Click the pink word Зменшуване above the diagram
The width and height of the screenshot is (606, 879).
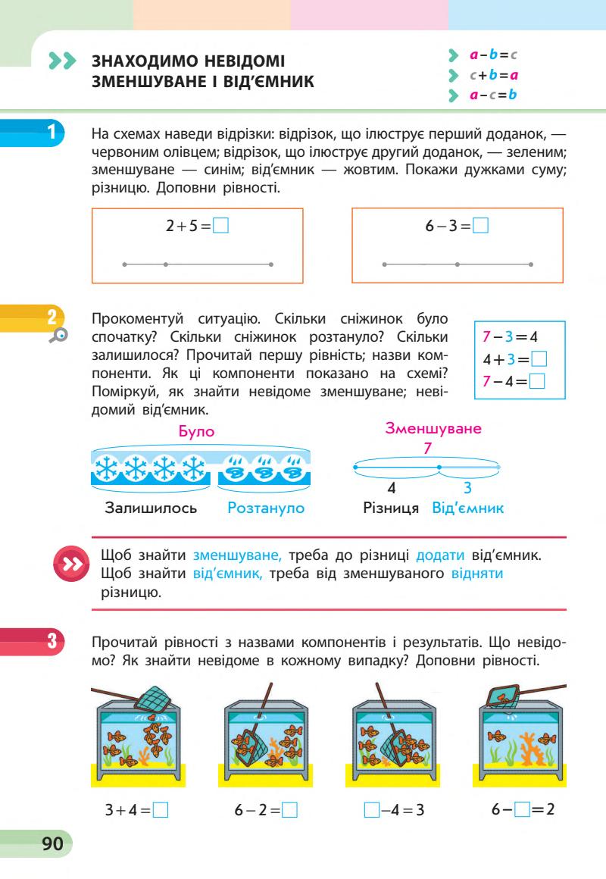(433, 429)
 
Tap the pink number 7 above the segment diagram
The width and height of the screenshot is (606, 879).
(428, 449)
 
